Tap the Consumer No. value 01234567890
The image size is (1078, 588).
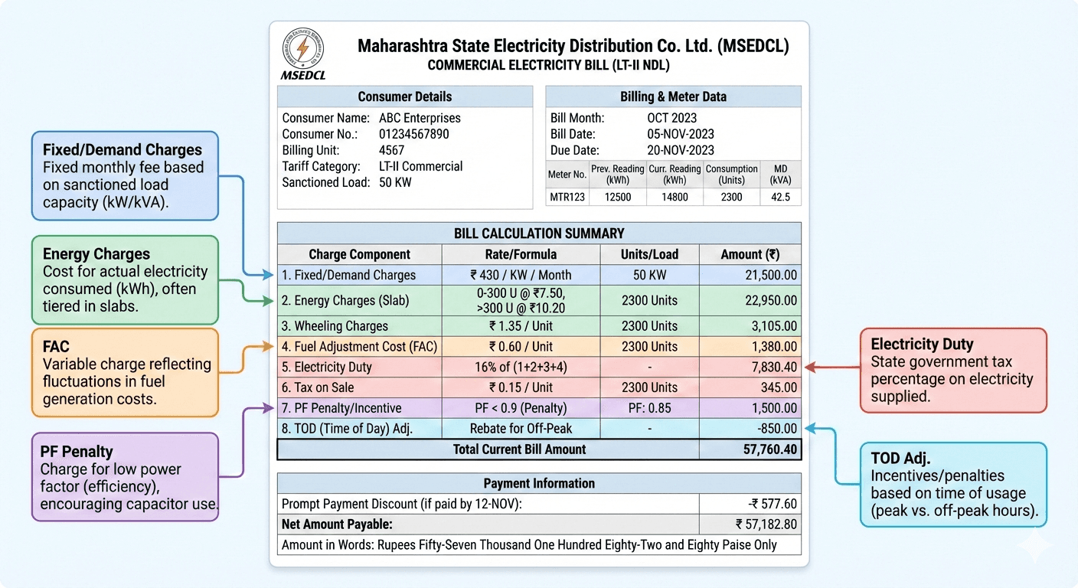414,134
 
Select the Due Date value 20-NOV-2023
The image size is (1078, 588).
681,150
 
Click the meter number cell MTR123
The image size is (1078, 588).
567,197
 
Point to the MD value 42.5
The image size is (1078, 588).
780,197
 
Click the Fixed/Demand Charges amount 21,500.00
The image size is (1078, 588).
771,275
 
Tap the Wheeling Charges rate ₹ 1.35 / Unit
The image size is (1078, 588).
521,326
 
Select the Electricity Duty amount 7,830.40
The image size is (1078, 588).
771,367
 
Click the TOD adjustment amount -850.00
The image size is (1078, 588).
773,429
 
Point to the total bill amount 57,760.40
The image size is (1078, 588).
770,449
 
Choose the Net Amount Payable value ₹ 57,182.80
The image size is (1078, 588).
766,524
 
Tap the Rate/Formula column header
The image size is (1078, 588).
521,254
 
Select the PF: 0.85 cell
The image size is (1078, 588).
649,408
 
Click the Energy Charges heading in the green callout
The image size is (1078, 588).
96,254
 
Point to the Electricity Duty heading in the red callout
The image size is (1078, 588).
921,345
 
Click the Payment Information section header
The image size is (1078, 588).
539,483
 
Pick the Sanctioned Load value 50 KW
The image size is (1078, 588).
395,182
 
